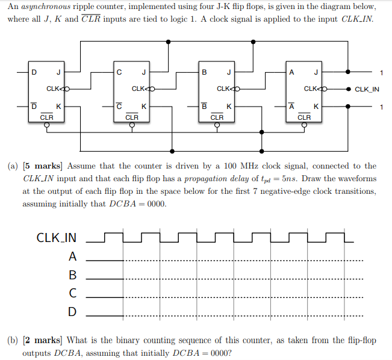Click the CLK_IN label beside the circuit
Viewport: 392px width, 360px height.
367,90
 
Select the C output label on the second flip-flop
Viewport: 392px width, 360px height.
120,73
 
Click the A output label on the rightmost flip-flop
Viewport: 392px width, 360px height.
291,73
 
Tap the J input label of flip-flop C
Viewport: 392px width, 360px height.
143,73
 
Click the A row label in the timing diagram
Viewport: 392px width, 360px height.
72,256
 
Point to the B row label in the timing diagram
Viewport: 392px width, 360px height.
72,275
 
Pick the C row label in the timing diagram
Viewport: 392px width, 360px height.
72,293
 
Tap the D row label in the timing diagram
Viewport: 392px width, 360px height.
72,312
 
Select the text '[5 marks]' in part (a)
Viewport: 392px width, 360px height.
43,166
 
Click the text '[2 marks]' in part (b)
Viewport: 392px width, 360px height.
43,340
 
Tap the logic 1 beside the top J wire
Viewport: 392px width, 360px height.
381,73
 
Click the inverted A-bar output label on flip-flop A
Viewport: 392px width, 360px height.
291,106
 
